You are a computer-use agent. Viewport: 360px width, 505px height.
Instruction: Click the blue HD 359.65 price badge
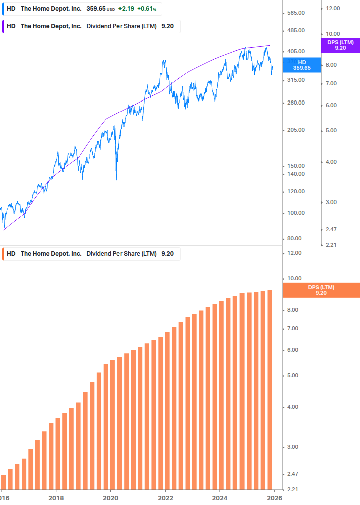(302, 65)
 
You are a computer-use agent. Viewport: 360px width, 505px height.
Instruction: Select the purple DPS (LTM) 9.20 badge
(340, 45)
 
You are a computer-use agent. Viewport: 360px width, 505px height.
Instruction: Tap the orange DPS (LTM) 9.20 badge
(321, 290)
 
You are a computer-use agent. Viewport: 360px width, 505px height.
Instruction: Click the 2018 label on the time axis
(56, 499)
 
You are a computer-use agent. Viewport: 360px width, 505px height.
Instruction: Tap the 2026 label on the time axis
(274, 499)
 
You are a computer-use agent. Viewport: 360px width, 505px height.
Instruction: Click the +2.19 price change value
(126, 9)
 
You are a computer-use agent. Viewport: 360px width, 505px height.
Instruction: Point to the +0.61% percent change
(146, 9)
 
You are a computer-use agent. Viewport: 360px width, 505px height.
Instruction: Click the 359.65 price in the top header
(96, 9)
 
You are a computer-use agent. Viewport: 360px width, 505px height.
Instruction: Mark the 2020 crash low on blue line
(116, 179)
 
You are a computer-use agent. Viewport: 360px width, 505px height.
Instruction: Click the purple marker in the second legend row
(4, 26)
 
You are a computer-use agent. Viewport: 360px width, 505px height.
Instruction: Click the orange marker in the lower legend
(4, 254)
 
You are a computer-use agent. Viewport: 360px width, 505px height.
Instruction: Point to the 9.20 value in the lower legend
(167, 254)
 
